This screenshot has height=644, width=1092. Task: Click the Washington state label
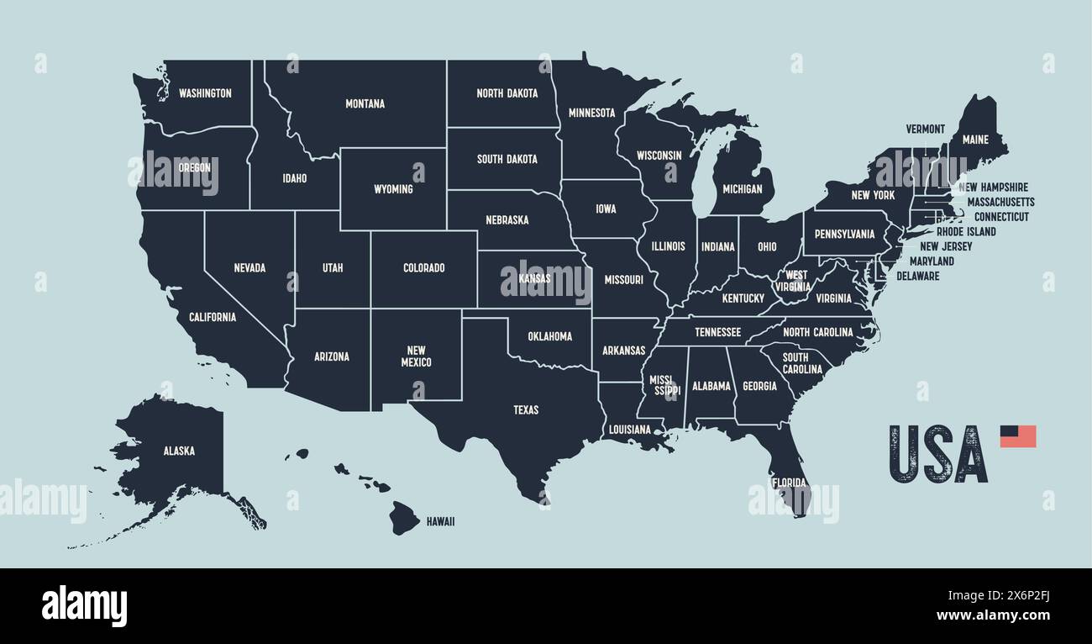coord(205,93)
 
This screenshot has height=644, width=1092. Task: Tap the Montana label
coord(365,104)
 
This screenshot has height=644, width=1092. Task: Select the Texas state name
coord(526,410)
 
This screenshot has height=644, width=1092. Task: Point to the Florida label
coord(790,483)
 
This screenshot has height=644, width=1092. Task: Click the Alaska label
coord(179,451)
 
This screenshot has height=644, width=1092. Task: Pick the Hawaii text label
coord(440,522)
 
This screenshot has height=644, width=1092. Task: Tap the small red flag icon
coord(1017,436)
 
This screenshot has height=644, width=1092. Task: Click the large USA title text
coord(937,454)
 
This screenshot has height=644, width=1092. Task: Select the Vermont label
coord(925,129)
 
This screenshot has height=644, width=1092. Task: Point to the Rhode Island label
coord(966,232)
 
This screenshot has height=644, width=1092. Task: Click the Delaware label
coord(917,276)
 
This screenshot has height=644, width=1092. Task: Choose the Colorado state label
coord(424,268)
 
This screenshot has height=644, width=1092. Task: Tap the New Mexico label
coord(416,356)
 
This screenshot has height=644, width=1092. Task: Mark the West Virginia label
coord(796,281)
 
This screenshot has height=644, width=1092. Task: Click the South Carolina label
coord(802,363)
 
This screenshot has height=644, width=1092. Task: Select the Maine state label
coord(975,140)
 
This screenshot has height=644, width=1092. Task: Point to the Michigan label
coord(742,189)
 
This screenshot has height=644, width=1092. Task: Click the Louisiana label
coord(630,430)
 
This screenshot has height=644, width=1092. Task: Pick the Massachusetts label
coord(1000,203)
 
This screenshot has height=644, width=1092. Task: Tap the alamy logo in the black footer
coord(84,606)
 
